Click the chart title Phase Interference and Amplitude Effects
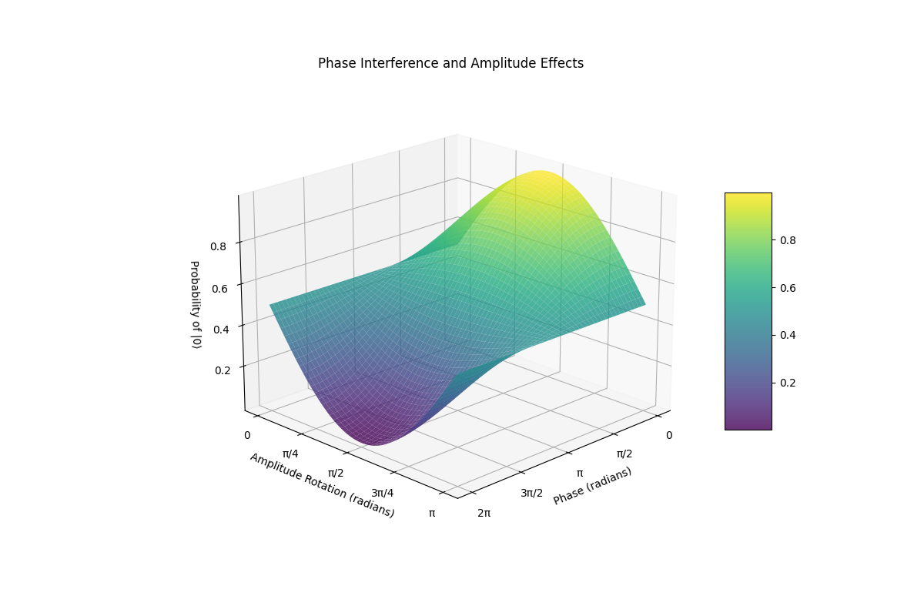coord(450,63)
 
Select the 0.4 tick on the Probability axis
coord(222,330)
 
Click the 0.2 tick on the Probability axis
coord(222,370)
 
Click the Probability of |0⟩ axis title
coord(195,304)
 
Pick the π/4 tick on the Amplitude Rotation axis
coord(291,454)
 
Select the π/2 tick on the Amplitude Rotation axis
coord(336,473)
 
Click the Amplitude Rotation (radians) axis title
coord(322,485)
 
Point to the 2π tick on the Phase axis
coord(484,513)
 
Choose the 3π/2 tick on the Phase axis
coord(531,493)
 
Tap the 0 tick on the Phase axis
coord(669,435)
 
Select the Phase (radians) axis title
coord(592,486)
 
